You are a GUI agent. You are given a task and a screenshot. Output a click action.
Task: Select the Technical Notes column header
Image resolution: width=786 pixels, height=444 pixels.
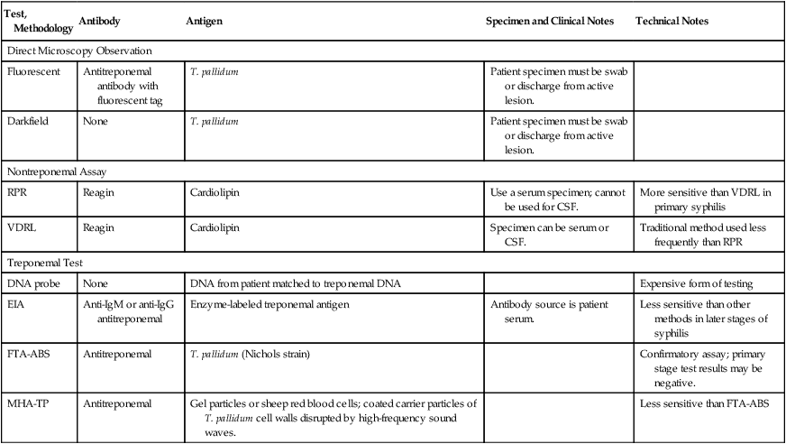[672, 20]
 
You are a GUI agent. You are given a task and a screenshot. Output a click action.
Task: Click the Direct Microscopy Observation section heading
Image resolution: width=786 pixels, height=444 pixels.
[79, 51]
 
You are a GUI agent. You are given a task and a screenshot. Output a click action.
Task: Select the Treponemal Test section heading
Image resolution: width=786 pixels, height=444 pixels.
[47, 264]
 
